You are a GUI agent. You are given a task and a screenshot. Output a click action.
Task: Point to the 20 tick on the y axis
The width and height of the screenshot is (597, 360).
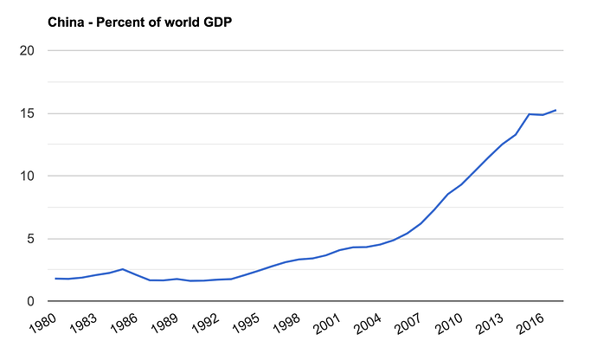tap(26, 50)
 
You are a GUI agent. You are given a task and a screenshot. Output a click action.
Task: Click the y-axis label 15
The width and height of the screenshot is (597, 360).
tap(26, 113)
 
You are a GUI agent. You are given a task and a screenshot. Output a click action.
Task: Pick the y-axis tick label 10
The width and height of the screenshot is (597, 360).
tap(26, 176)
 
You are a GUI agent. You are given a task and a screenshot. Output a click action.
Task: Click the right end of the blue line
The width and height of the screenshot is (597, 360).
tap(555, 110)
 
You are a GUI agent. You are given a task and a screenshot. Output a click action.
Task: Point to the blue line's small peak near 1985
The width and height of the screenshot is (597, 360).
tap(123, 269)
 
